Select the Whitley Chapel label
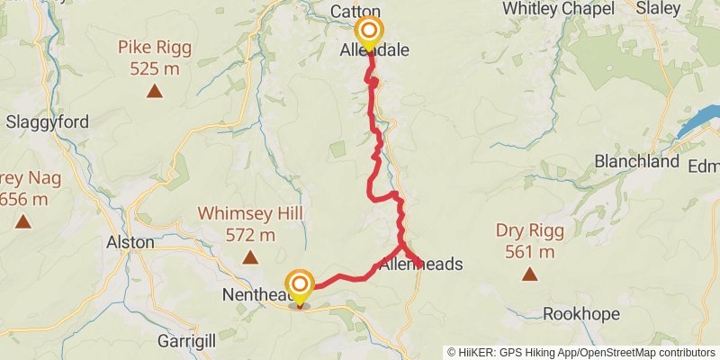click(x=558, y=9)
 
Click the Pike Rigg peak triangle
click(x=155, y=90)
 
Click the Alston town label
click(x=130, y=242)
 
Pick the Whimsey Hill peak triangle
click(x=249, y=258)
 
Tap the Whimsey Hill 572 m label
click(x=249, y=224)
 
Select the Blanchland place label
click(x=636, y=162)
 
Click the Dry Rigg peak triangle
click(x=530, y=274)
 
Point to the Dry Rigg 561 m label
click(x=530, y=241)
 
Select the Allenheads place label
click(x=421, y=265)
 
